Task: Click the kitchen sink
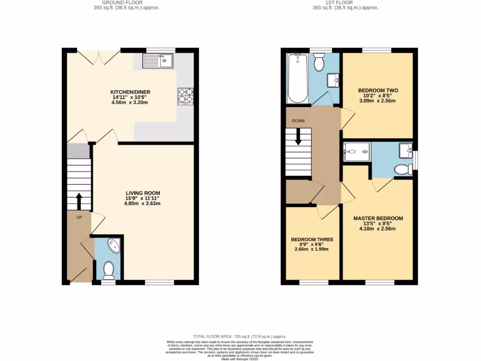tap(158, 60)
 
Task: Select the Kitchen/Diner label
tap(130, 92)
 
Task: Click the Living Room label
tap(142, 193)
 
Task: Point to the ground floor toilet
tap(109, 270)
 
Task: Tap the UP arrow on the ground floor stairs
tap(78, 201)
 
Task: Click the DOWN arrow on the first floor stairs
tap(298, 137)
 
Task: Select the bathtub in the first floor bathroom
tap(297, 78)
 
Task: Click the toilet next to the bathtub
tap(319, 62)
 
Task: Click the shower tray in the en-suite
tap(357, 151)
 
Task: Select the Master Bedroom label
tap(378, 219)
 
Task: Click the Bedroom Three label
tap(312, 240)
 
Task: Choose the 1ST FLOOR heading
tap(345, 2)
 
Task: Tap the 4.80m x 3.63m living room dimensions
tap(142, 204)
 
